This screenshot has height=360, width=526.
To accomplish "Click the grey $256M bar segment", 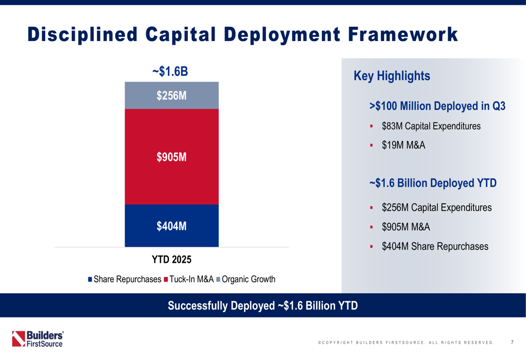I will (171, 95).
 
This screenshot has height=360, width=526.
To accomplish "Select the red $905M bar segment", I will (171, 157).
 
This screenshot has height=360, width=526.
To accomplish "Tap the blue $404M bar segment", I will (171, 226).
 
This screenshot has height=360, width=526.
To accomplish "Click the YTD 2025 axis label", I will (171, 260).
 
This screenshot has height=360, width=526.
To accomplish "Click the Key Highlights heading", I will (392, 76).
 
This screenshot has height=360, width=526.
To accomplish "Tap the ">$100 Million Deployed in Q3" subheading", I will (437, 106).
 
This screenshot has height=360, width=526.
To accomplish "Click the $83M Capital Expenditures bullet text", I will (431, 126).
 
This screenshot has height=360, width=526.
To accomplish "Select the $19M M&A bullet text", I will (403, 146).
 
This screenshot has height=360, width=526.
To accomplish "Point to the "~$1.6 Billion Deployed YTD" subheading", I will (433, 183).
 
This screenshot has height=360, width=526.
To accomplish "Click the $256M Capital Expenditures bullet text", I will (437, 208).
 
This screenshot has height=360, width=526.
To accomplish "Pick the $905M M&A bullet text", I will (406, 227).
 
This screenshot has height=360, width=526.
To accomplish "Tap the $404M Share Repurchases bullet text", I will (435, 246).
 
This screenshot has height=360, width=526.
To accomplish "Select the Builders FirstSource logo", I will (38, 338).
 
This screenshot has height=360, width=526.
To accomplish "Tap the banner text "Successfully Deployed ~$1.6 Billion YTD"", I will (262, 305).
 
